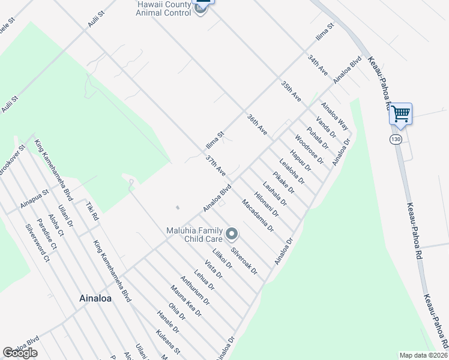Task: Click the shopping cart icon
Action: pyautogui.click(x=400, y=113)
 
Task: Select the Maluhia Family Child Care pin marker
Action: pyautogui.click(x=232, y=233)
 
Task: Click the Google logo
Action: pyautogui.click(x=20, y=353)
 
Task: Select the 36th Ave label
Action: pyautogui.click(x=257, y=125)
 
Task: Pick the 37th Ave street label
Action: pyautogui.click(x=215, y=166)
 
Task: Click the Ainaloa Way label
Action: pyautogui.click(x=334, y=116)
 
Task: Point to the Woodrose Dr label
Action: pyautogui.click(x=310, y=152)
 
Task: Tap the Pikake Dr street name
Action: pyautogui.click(x=283, y=182)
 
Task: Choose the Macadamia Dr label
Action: pyautogui.click(x=258, y=217)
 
